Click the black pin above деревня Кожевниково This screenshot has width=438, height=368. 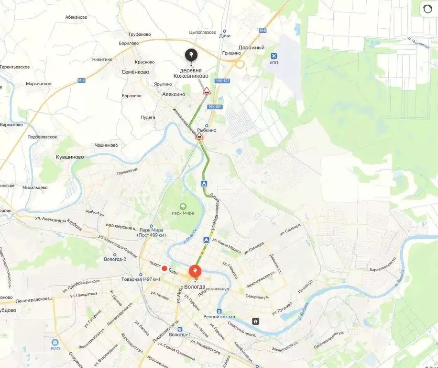[191, 55]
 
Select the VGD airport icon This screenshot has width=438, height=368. [274, 56]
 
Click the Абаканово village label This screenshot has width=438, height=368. [76, 17]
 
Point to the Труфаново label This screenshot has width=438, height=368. [140, 34]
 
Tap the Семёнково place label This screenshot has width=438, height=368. [136, 72]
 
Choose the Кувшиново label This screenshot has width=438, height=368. [70, 157]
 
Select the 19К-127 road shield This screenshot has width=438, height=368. [222, 80]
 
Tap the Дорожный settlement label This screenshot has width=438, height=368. [252, 48]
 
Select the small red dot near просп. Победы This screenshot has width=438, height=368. [164, 268]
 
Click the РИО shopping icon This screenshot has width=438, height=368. [55, 343]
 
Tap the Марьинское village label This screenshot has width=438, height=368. [39, 84]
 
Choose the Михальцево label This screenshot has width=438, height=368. [34, 187]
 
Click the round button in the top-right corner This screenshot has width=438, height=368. [427, 10]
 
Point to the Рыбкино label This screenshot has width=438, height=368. [207, 130]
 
